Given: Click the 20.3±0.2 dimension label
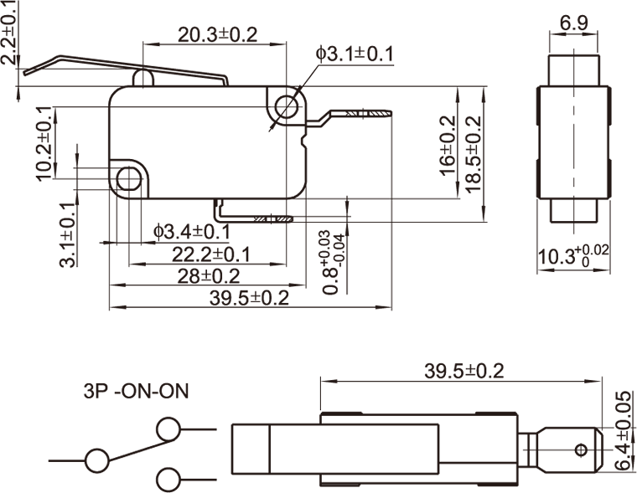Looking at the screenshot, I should click(x=217, y=34).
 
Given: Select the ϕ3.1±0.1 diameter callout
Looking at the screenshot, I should click(x=355, y=54).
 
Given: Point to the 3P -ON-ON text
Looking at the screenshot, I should click(x=136, y=391).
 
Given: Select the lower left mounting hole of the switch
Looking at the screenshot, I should click(x=127, y=178).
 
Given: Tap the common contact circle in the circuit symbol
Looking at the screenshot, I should click(x=97, y=460).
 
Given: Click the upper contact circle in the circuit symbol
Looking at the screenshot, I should click(x=168, y=429).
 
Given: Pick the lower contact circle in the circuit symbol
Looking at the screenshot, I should click(x=168, y=480).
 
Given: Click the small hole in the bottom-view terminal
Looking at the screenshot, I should click(x=578, y=450).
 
